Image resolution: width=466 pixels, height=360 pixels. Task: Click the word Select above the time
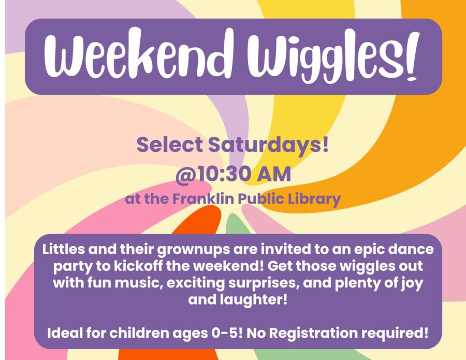coord(170,145)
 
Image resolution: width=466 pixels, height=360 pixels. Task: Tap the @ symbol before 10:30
coord(186,175)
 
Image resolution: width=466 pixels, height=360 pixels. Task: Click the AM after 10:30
coord(274,174)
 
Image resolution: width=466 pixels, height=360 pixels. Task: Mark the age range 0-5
coord(227,333)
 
